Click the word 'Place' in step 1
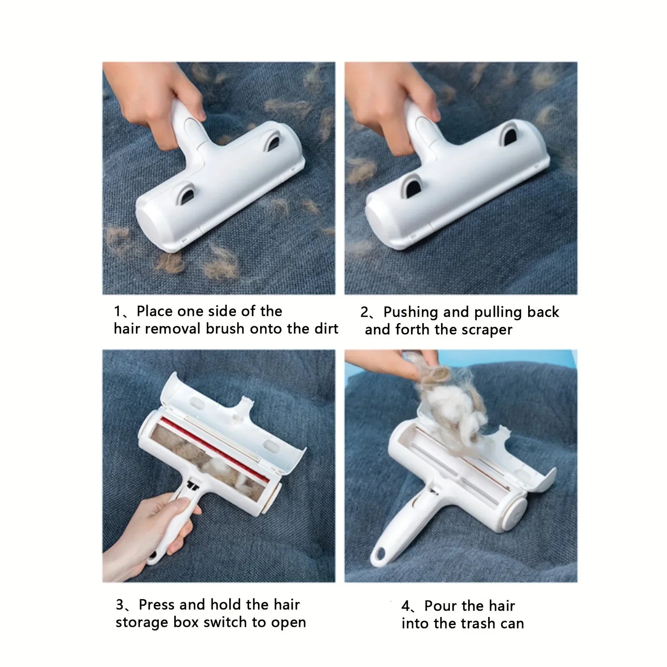click(155, 311)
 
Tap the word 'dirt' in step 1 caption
click(326, 329)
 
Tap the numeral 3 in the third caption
click(120, 605)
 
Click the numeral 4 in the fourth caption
click(406, 606)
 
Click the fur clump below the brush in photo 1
click(170, 263)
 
